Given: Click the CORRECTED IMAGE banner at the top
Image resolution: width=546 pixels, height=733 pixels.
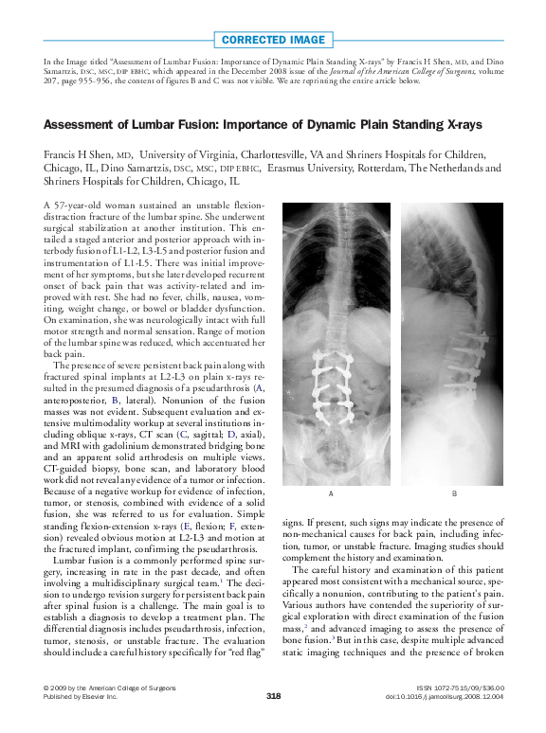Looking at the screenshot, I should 273,41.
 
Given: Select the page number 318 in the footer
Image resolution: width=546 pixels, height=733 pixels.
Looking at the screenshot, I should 273,696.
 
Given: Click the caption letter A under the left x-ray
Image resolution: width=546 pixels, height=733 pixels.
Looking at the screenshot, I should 330,494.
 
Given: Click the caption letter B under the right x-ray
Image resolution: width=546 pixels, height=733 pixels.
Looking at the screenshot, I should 454,494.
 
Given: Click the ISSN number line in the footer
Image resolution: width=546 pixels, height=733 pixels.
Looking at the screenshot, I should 460,687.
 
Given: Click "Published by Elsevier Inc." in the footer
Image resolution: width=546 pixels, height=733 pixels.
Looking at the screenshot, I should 81,696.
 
